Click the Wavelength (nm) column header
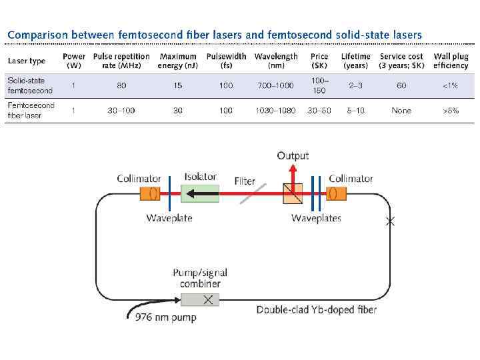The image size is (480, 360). coord(276,61)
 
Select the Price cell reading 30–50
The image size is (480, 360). coord(319,111)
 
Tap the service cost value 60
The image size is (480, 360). coord(401,85)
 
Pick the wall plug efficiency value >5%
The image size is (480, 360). coord(451,111)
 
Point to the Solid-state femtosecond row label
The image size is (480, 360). coord(26,85)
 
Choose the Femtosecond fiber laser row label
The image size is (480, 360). coord(31,110)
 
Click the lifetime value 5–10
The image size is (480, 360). coord(355,111)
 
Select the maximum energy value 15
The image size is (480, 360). coord(178,85)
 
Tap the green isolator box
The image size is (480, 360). coord(200,194)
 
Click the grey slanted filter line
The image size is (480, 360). coord(250,194)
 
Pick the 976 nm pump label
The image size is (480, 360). coord(166,317)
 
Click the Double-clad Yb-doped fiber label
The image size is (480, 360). coord(317,309)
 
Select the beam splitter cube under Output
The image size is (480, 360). coord(292,194)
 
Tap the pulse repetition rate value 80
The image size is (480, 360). coord(121,85)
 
